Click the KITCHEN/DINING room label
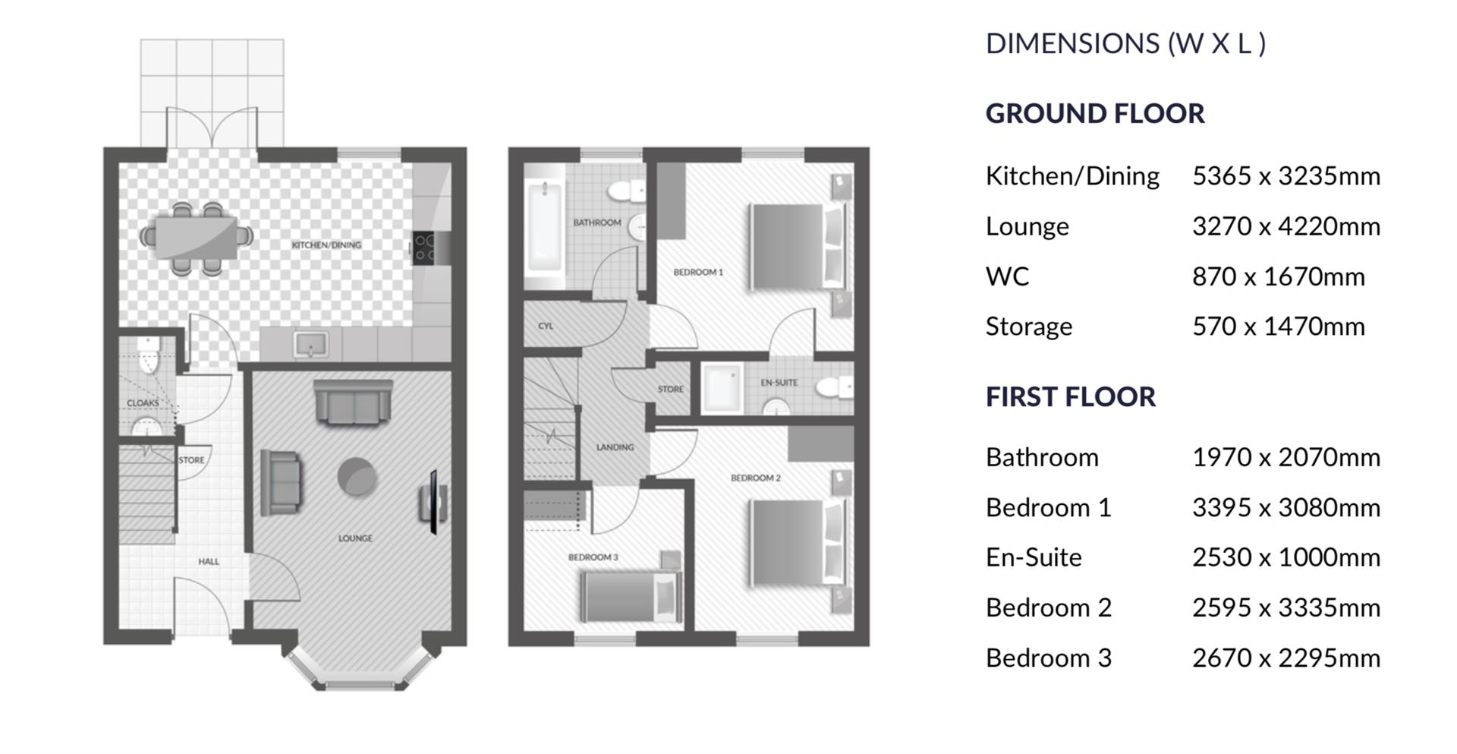(x=326, y=244)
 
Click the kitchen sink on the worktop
(x=311, y=345)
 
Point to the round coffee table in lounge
(x=357, y=477)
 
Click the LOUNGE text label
(x=355, y=538)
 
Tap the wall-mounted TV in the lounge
(x=433, y=502)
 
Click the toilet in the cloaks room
(x=149, y=355)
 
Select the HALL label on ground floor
(x=209, y=562)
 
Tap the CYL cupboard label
(x=546, y=326)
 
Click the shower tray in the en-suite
(x=722, y=388)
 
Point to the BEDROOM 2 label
(x=755, y=478)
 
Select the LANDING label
(x=615, y=447)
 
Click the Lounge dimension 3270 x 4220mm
(x=1285, y=226)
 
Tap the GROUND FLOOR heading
(x=1094, y=113)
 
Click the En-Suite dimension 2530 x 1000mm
(x=1285, y=557)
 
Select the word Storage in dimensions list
(x=1028, y=327)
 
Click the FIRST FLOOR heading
(x=1070, y=396)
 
